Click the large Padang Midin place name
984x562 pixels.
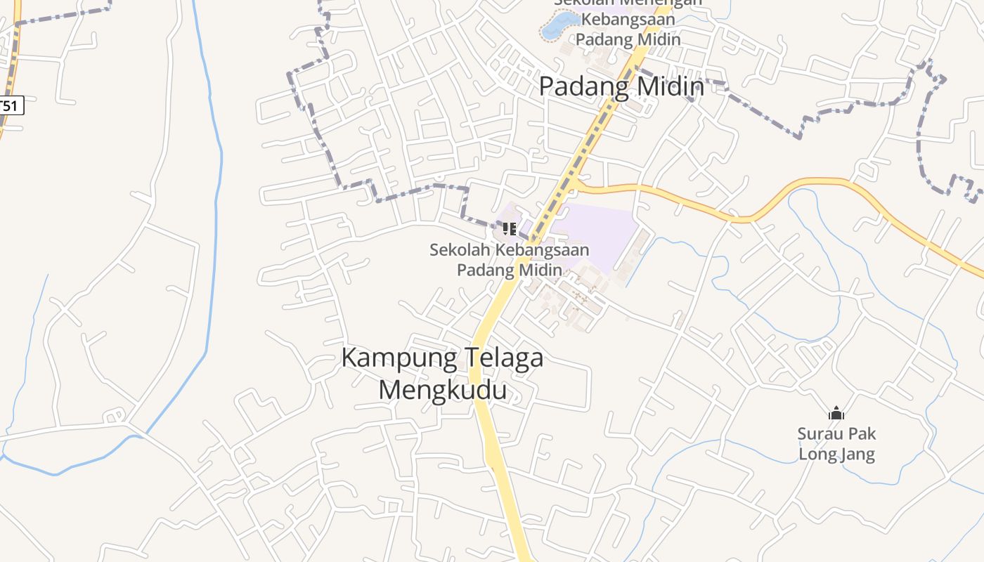pyautogui.click(x=621, y=86)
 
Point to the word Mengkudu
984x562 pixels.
pyautogui.click(x=442, y=389)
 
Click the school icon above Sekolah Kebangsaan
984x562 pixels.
pyautogui.click(x=510, y=228)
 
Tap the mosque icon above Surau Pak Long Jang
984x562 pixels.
pyautogui.click(x=836, y=413)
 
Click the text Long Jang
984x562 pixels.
pyautogui.click(x=836, y=455)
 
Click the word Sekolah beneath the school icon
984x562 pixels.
pyautogui.click(x=460, y=249)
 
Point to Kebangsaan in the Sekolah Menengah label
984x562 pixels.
pyautogui.click(x=628, y=19)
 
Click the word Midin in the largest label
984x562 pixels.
pyautogui.click(x=671, y=86)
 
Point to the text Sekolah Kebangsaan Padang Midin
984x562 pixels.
pyautogui.click(x=510, y=259)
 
